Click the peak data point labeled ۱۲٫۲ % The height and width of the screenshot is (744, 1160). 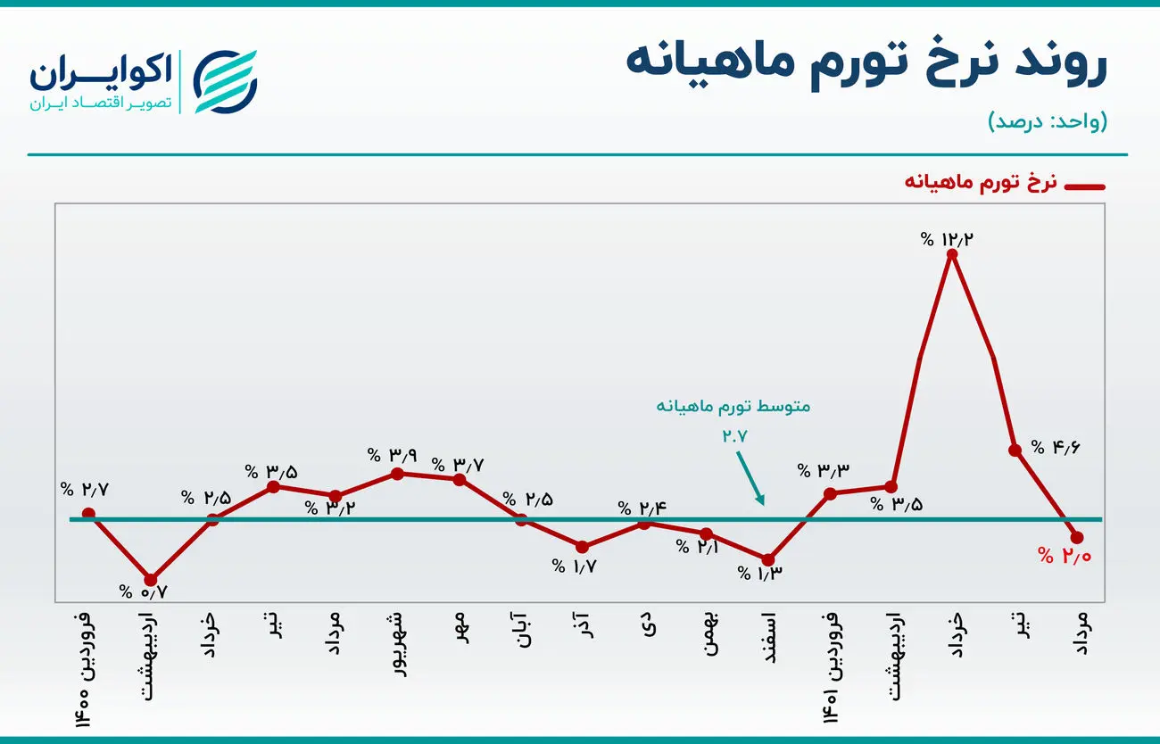tap(953, 254)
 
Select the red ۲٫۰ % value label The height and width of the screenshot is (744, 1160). tap(1065, 556)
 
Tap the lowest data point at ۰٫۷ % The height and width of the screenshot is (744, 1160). tap(151, 580)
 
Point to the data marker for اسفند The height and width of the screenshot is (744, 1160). tap(768, 559)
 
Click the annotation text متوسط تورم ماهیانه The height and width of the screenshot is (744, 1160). tap(733, 406)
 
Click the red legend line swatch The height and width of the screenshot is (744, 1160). tap(1085, 186)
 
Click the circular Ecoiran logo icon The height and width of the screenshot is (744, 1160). tap(226, 80)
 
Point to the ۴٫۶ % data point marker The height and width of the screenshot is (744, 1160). tap(1015, 451)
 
